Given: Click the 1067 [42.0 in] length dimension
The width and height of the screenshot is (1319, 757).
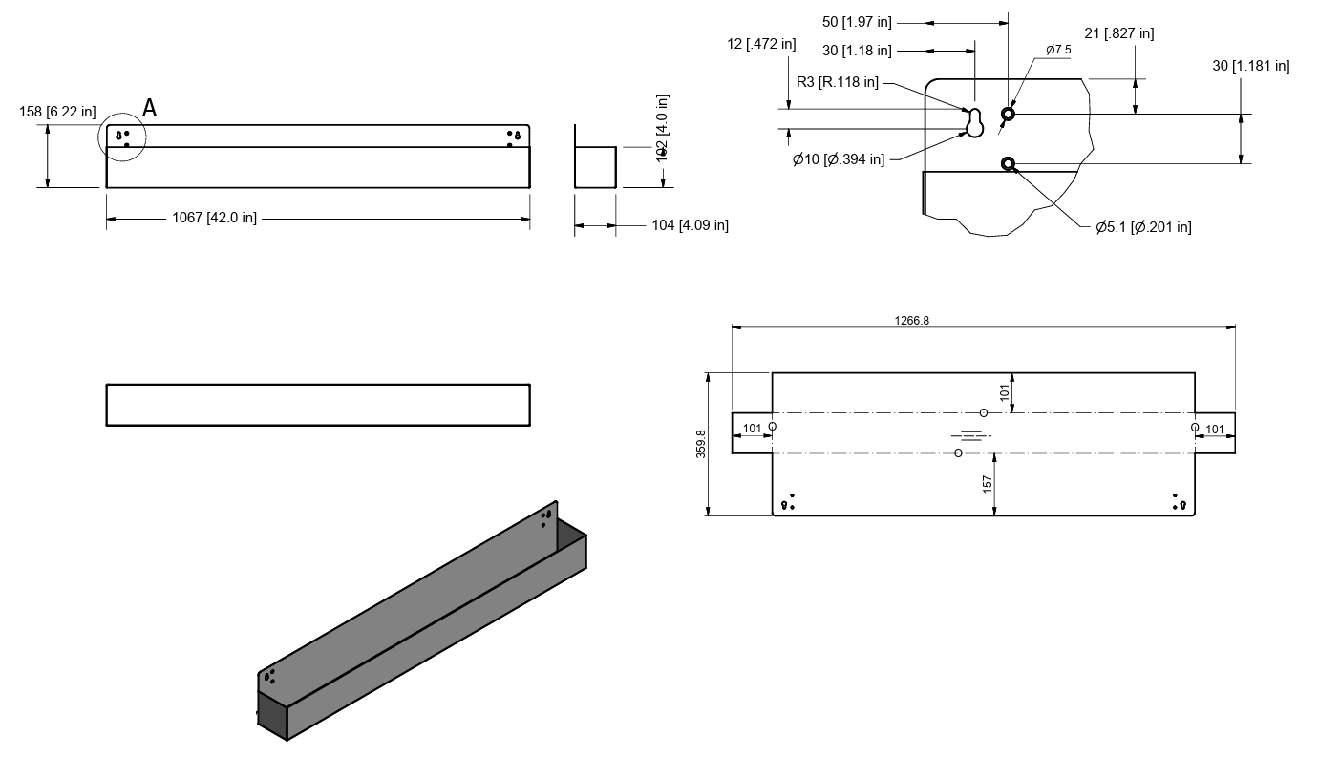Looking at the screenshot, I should coord(214,218).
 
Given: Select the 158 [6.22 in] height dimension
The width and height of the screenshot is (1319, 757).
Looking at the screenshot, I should coord(57,112).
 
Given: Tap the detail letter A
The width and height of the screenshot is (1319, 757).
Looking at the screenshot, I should coord(149,109).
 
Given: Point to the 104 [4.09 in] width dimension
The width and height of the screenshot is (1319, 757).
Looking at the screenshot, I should coord(690,225).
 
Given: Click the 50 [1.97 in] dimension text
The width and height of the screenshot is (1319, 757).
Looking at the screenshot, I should coord(857,21).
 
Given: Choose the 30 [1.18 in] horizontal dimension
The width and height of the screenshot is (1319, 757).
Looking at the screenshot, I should coord(857,50).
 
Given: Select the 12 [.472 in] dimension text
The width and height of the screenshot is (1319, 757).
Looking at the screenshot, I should coord(760,44).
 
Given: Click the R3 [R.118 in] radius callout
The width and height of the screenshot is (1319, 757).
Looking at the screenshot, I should coord(838,82).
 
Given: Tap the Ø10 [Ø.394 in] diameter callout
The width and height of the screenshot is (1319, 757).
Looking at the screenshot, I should coord(838,159).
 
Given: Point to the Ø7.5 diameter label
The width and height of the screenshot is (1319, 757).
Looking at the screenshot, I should coord(1058,50).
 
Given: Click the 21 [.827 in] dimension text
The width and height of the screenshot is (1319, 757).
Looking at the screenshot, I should coord(1118,33).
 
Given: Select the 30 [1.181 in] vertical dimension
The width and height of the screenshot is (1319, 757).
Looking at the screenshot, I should coord(1250,66).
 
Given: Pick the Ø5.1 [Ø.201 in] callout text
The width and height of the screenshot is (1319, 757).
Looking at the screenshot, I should coord(1143,226).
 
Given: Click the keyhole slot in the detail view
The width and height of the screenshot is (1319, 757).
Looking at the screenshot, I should coord(974,122).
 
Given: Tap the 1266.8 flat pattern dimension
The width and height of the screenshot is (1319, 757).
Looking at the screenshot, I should coord(911,321).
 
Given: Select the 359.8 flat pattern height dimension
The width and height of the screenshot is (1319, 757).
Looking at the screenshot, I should coord(701,444).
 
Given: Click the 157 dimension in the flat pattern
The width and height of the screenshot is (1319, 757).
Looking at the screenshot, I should coord(988,483).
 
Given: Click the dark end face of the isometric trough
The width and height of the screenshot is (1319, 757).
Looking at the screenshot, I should coord(272,716).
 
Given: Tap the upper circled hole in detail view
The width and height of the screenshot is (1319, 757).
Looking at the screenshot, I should coord(1008,115).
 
